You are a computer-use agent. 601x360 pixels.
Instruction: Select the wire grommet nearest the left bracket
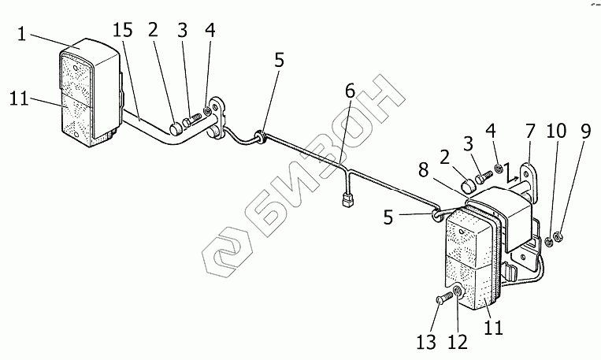258,139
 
